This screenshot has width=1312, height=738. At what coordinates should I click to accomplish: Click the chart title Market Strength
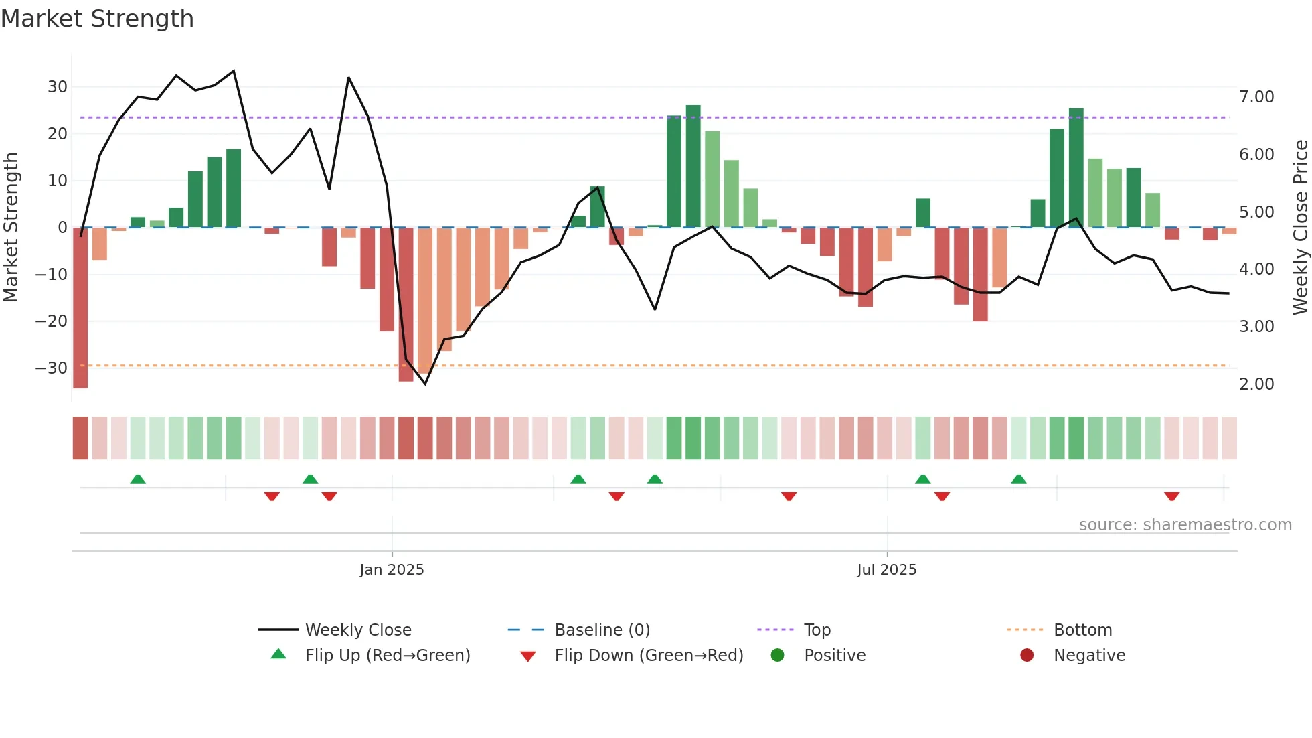(x=97, y=19)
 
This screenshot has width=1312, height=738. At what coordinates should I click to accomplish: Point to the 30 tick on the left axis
(x=57, y=87)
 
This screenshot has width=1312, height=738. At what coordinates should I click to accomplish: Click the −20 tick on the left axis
(x=51, y=321)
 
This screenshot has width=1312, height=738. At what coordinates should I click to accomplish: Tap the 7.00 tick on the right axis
(x=1256, y=97)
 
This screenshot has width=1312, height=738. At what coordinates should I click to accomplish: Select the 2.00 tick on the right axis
(x=1256, y=384)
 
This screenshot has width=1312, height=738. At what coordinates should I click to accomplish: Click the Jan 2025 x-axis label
(x=392, y=570)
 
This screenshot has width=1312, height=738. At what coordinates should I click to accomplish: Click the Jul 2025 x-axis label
(x=886, y=570)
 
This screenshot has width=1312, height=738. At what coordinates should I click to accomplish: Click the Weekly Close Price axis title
(x=1300, y=228)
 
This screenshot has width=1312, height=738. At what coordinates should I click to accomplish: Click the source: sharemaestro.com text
(x=1185, y=525)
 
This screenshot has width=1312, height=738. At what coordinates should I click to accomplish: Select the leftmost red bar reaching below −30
(x=80, y=308)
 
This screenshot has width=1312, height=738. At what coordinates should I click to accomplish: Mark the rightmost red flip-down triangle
(x=1171, y=496)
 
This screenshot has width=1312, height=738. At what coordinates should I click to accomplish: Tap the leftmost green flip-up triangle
(x=138, y=479)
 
